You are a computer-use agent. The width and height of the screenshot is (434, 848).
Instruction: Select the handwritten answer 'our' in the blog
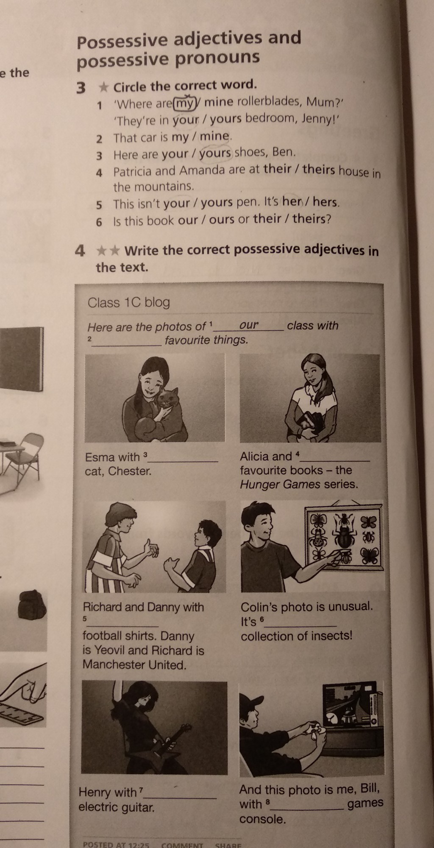coord(249,325)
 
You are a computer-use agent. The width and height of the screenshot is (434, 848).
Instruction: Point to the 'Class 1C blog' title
coord(128,302)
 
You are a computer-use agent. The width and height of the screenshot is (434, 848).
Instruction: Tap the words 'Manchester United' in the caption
coord(134,664)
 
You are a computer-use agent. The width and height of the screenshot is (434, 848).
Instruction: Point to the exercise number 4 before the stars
coord(80,251)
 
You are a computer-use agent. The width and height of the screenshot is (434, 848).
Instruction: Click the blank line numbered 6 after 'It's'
coord(302,626)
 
